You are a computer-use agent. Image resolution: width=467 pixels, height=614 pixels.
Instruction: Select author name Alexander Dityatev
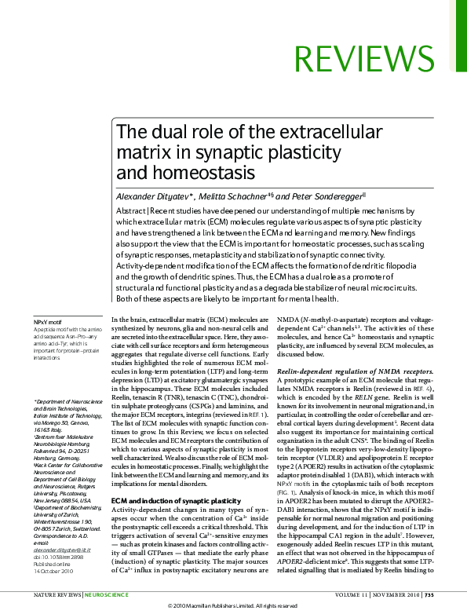[154, 196]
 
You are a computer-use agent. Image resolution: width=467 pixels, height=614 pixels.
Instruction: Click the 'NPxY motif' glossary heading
[47, 322]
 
